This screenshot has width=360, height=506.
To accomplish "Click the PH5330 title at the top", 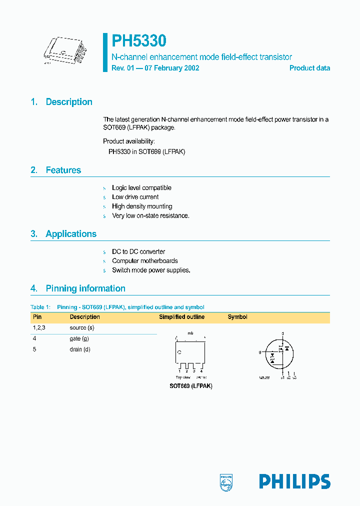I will coord(138,41).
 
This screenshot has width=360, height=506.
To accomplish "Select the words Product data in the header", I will coord(309,68).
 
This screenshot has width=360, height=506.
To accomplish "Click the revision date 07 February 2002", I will coord(172,68).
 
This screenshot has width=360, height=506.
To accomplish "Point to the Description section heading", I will coord(69,102).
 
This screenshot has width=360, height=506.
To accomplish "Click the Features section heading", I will coord(63,170).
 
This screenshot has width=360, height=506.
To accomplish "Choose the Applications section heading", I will coord(71,234).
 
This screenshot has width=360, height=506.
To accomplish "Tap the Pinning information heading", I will coord(85,288).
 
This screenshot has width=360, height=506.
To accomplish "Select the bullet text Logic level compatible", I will coord(141,188).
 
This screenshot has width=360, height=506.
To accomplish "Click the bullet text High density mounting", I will coord(142,206).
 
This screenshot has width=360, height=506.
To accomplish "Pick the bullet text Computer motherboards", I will coord(144,261).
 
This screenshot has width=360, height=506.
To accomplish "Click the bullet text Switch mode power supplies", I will coord(151,270).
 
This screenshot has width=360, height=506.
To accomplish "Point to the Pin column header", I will coord(37,317).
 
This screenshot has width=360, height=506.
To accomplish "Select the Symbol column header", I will coord(237,317).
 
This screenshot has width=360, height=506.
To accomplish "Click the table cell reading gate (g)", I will coord(79,338).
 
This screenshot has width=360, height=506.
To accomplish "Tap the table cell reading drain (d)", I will coord(80,349).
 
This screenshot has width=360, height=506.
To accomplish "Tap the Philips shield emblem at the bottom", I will coord(226,482).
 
